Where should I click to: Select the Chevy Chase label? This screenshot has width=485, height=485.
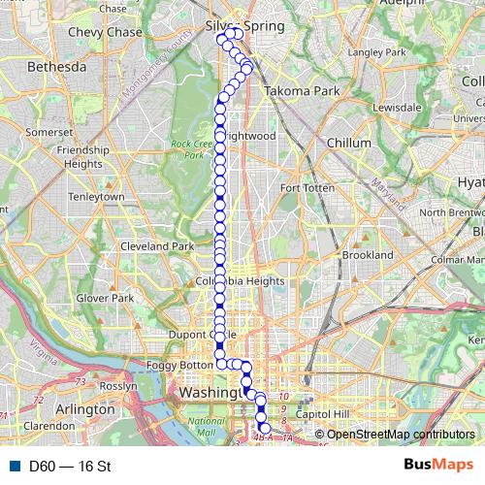[106, 32]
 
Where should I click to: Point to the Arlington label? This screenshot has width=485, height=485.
[84, 409]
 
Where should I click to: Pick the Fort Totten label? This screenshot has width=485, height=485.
[307, 187]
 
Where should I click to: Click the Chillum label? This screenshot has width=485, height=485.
[349, 142]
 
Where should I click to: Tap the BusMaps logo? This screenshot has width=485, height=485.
[438, 466]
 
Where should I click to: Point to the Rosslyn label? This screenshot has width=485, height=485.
[119, 385]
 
